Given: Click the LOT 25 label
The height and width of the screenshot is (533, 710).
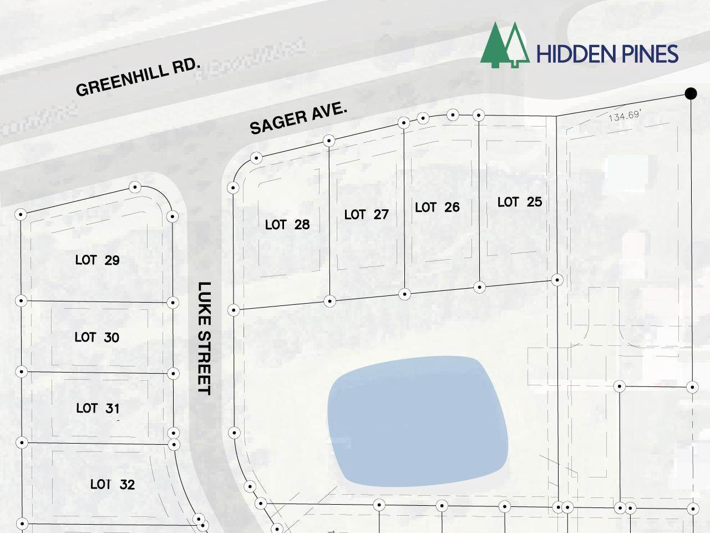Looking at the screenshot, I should [x=519, y=202].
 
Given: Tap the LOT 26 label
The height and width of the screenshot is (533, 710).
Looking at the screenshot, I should [x=437, y=207].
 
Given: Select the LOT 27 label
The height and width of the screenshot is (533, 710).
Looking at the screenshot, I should [x=366, y=214].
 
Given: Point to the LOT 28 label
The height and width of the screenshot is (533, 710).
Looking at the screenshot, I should [x=287, y=224].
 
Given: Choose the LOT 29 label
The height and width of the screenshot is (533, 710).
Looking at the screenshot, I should [x=97, y=260].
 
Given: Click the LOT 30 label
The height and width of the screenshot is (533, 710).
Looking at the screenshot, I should [x=97, y=337].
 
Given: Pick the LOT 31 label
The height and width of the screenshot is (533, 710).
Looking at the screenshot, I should [x=98, y=408].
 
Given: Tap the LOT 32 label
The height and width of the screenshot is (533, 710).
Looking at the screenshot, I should [x=112, y=484].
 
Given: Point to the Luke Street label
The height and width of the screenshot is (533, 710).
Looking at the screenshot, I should [x=205, y=338].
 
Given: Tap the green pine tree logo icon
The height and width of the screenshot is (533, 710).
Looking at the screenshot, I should [x=503, y=46].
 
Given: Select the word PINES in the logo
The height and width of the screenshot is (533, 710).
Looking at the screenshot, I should [x=650, y=54].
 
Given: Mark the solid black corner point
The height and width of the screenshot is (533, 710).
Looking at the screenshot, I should [x=691, y=94].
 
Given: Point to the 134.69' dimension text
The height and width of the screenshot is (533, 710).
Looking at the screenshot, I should [x=625, y=116].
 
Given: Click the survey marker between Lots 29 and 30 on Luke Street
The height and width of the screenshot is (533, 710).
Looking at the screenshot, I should [x=173, y=303].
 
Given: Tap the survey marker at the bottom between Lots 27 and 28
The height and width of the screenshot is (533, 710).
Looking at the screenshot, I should [x=329, y=301].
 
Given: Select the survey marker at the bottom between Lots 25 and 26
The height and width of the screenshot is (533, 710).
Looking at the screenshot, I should [x=480, y=287].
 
